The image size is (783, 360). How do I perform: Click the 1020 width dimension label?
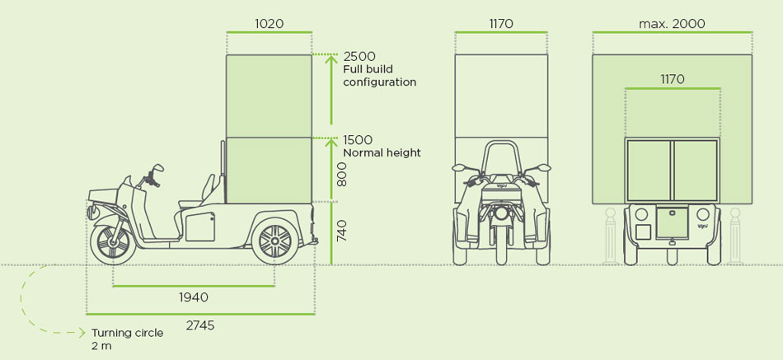coord(270,24)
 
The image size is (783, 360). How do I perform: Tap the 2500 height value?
coord(359,56)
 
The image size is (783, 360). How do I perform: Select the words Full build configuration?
coord(379,76)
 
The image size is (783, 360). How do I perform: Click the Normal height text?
coord(382,152)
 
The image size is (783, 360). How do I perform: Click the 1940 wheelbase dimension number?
coord(193,297)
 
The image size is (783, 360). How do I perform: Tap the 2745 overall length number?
coord(199,325)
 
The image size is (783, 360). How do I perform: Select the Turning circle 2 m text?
coord(127,339)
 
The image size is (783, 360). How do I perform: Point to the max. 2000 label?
coord(672,24)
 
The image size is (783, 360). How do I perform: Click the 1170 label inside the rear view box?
coord(672,79)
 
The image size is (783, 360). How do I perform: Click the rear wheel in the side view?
coord(274,241)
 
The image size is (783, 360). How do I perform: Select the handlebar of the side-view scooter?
coord(153,173)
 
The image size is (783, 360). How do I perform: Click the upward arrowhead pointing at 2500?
coord(331,58)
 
